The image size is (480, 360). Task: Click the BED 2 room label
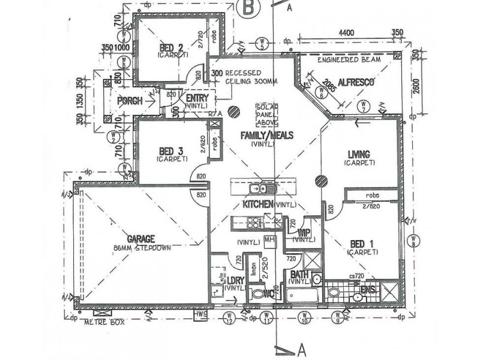coord(171,47)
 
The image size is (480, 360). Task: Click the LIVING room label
coord(359,154)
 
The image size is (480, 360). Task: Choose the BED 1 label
coord(361,244)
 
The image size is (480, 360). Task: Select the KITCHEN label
coord(258,205)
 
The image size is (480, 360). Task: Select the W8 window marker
coord(413,239)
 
